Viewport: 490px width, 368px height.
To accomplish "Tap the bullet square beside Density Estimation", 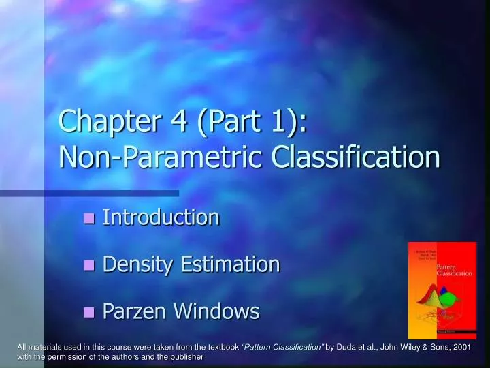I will (88, 266).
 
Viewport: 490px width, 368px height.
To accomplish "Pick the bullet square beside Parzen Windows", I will (88, 313).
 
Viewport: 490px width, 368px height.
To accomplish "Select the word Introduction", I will (161, 218).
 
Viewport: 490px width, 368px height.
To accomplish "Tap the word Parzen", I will (135, 311).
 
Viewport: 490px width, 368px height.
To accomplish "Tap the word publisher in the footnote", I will (186, 357).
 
